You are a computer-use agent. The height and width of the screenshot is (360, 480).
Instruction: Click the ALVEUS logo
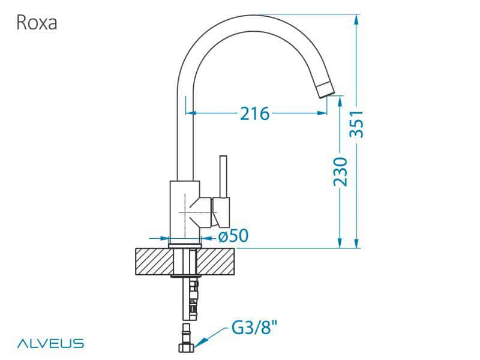tap(50, 343)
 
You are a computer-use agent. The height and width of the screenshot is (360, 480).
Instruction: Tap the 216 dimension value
tap(254, 112)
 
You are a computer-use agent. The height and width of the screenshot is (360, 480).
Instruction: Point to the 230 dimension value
tap(340, 172)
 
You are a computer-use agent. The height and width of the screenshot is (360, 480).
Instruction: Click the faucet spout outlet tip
tap(324, 89)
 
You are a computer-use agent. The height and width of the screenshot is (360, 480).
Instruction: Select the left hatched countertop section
tap(152, 262)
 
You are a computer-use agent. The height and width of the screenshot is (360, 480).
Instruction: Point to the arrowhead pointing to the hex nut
tap(198, 342)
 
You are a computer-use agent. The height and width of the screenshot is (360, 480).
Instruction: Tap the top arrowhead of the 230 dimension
tap(340, 99)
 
